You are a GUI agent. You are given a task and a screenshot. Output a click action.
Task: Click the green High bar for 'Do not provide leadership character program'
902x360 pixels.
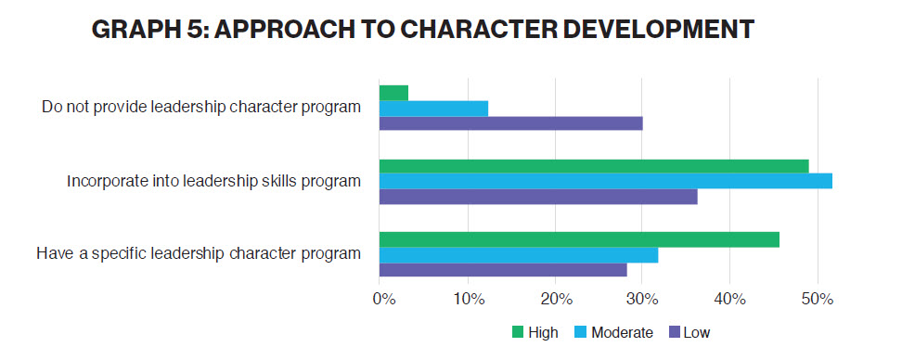click(x=393, y=93)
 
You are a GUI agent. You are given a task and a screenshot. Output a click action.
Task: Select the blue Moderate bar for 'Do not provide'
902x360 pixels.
click(x=433, y=108)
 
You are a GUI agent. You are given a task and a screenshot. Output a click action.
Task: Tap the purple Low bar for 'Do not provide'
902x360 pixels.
click(x=510, y=123)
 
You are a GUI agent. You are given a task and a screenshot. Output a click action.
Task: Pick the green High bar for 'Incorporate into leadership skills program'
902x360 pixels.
click(x=594, y=166)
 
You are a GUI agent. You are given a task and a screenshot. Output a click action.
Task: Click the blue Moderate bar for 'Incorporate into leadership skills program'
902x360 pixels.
click(x=605, y=181)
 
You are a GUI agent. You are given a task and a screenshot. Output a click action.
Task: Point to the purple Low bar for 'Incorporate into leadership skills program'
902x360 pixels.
click(x=538, y=197)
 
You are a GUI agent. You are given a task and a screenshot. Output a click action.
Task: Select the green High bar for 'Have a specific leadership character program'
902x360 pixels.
click(x=579, y=239)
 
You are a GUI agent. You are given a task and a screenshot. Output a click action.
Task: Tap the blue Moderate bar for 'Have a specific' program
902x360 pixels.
click(x=519, y=255)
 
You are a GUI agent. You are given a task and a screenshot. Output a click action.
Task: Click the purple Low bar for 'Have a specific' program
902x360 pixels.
click(x=503, y=270)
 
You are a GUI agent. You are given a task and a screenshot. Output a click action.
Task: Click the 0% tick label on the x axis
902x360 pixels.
click(x=383, y=300)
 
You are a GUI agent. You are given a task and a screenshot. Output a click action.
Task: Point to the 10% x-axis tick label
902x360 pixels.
click(x=469, y=300)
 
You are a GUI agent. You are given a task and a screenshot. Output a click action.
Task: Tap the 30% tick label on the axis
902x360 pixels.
click(x=644, y=300)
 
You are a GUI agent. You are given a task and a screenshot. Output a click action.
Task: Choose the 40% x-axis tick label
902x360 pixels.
click(x=731, y=300)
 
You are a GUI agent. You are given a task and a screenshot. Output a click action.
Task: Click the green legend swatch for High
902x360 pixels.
click(x=518, y=332)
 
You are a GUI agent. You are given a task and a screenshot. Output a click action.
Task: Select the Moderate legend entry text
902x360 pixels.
click(x=623, y=332)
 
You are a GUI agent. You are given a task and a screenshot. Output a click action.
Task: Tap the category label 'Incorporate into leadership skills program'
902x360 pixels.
click(x=213, y=181)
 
